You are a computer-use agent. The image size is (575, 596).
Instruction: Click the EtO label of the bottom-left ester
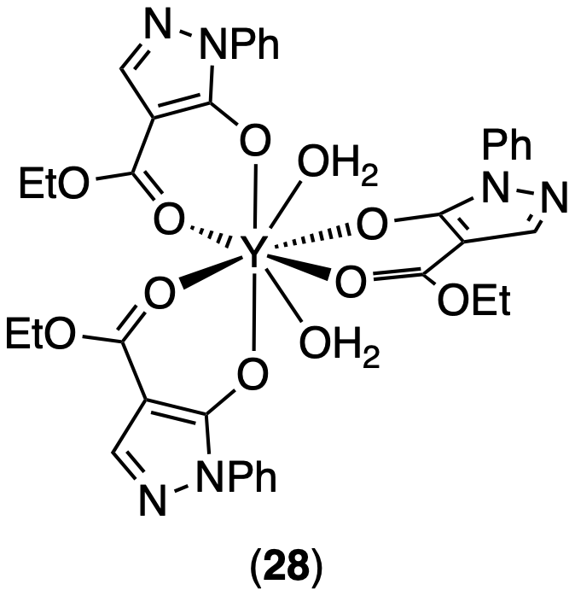click(x=44, y=333)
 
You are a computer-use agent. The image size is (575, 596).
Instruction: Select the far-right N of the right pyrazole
click(x=553, y=202)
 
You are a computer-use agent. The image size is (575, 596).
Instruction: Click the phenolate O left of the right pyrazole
click(x=372, y=226)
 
